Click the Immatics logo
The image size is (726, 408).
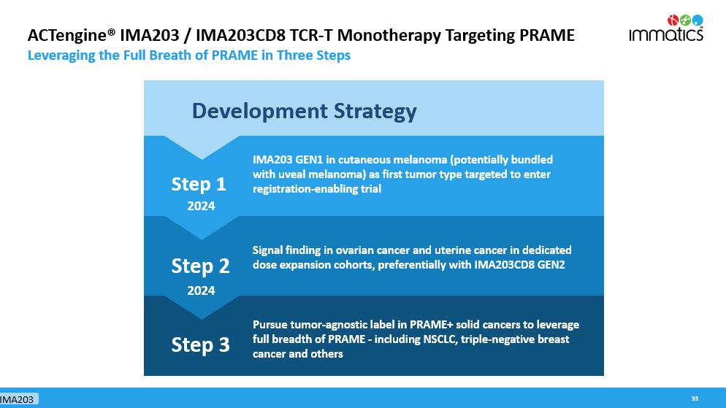(x=666, y=28)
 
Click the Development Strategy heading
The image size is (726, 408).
(x=304, y=111)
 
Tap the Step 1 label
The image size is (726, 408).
(x=199, y=184)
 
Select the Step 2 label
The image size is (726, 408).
(x=200, y=266)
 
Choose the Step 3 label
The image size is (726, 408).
(x=200, y=345)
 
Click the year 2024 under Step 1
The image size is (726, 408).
(x=201, y=206)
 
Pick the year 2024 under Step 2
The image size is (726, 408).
(x=201, y=290)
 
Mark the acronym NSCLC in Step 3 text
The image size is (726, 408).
(x=439, y=339)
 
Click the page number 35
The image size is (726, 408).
(x=695, y=399)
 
